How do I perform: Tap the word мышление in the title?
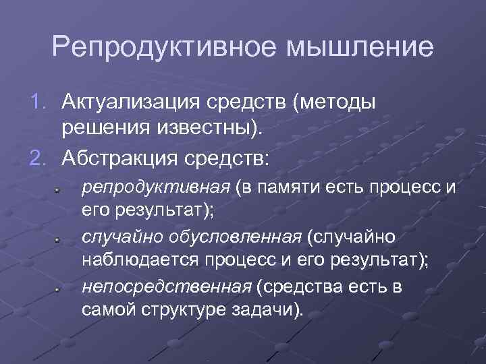pos(358,48)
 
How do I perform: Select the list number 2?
pos(40,158)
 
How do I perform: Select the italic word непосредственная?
pos(166,288)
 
